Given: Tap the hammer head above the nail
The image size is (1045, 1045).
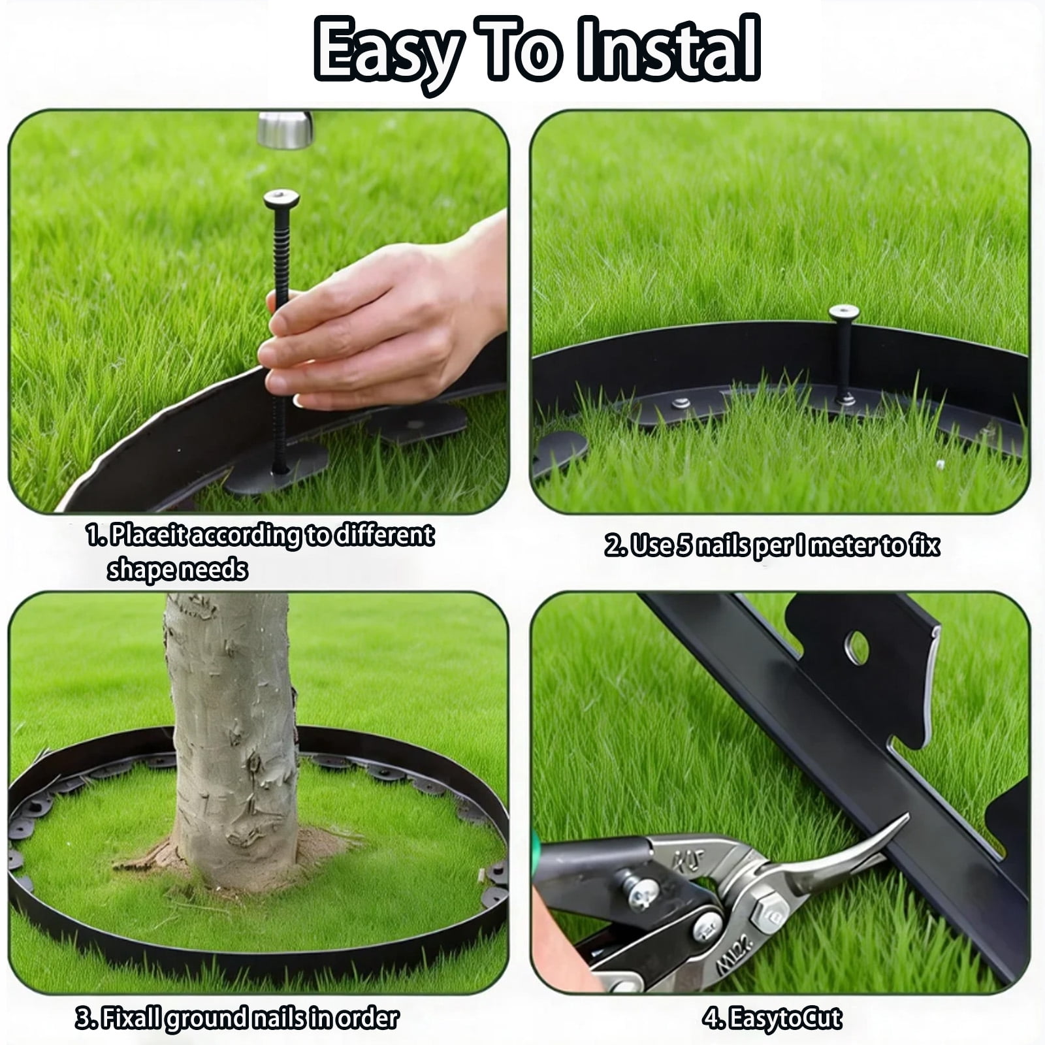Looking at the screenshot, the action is (285, 129).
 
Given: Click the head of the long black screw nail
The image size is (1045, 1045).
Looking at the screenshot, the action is (281, 199).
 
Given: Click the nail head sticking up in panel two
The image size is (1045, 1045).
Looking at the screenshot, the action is (844, 312).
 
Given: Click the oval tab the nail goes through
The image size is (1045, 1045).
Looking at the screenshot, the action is (277, 465).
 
